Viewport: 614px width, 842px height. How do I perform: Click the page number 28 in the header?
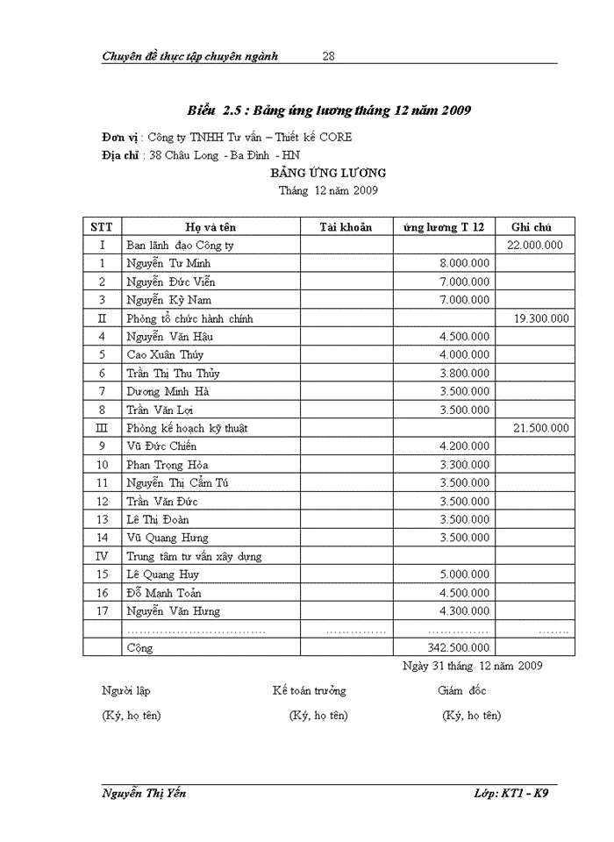[329, 56]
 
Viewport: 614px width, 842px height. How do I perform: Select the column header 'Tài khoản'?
[346, 227]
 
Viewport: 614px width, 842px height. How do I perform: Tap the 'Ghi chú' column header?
[534, 227]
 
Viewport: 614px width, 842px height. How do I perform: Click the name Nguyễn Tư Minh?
[168, 263]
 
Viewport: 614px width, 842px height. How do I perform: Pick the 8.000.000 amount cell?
[464, 263]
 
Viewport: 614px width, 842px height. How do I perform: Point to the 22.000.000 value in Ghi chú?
[535, 246]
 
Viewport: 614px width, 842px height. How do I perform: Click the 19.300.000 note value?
[541, 318]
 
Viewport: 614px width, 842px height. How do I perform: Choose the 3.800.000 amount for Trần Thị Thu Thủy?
[464, 374]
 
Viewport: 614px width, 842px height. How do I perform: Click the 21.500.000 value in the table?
[541, 428]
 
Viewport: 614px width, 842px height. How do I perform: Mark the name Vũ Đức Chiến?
[161, 446]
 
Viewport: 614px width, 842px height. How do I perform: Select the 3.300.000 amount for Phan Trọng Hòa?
[464, 465]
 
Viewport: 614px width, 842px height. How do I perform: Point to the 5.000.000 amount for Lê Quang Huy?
[464, 574]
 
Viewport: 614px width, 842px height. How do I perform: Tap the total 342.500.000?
[458, 647]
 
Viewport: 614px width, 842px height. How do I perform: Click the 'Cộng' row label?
[139, 648]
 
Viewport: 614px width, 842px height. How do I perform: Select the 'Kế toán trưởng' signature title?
[309, 691]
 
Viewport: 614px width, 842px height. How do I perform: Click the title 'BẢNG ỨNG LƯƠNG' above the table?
[328, 173]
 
